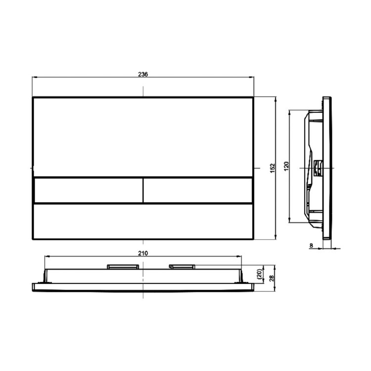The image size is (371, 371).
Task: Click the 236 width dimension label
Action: coord(142,74)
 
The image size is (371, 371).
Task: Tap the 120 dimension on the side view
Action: coord(286,167)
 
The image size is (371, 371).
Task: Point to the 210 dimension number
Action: coord(142,253)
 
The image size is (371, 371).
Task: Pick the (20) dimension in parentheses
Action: coord(258,274)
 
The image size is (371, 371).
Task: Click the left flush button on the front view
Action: coord(88,190)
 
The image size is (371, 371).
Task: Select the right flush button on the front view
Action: coord(198,190)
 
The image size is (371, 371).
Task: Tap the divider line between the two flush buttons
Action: coord(143,190)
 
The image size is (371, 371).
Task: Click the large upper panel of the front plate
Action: coord(143,136)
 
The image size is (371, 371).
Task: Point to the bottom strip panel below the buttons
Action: coord(143,221)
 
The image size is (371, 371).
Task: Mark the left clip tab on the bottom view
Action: coord(122,267)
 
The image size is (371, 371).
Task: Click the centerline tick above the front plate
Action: coord(143,90)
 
